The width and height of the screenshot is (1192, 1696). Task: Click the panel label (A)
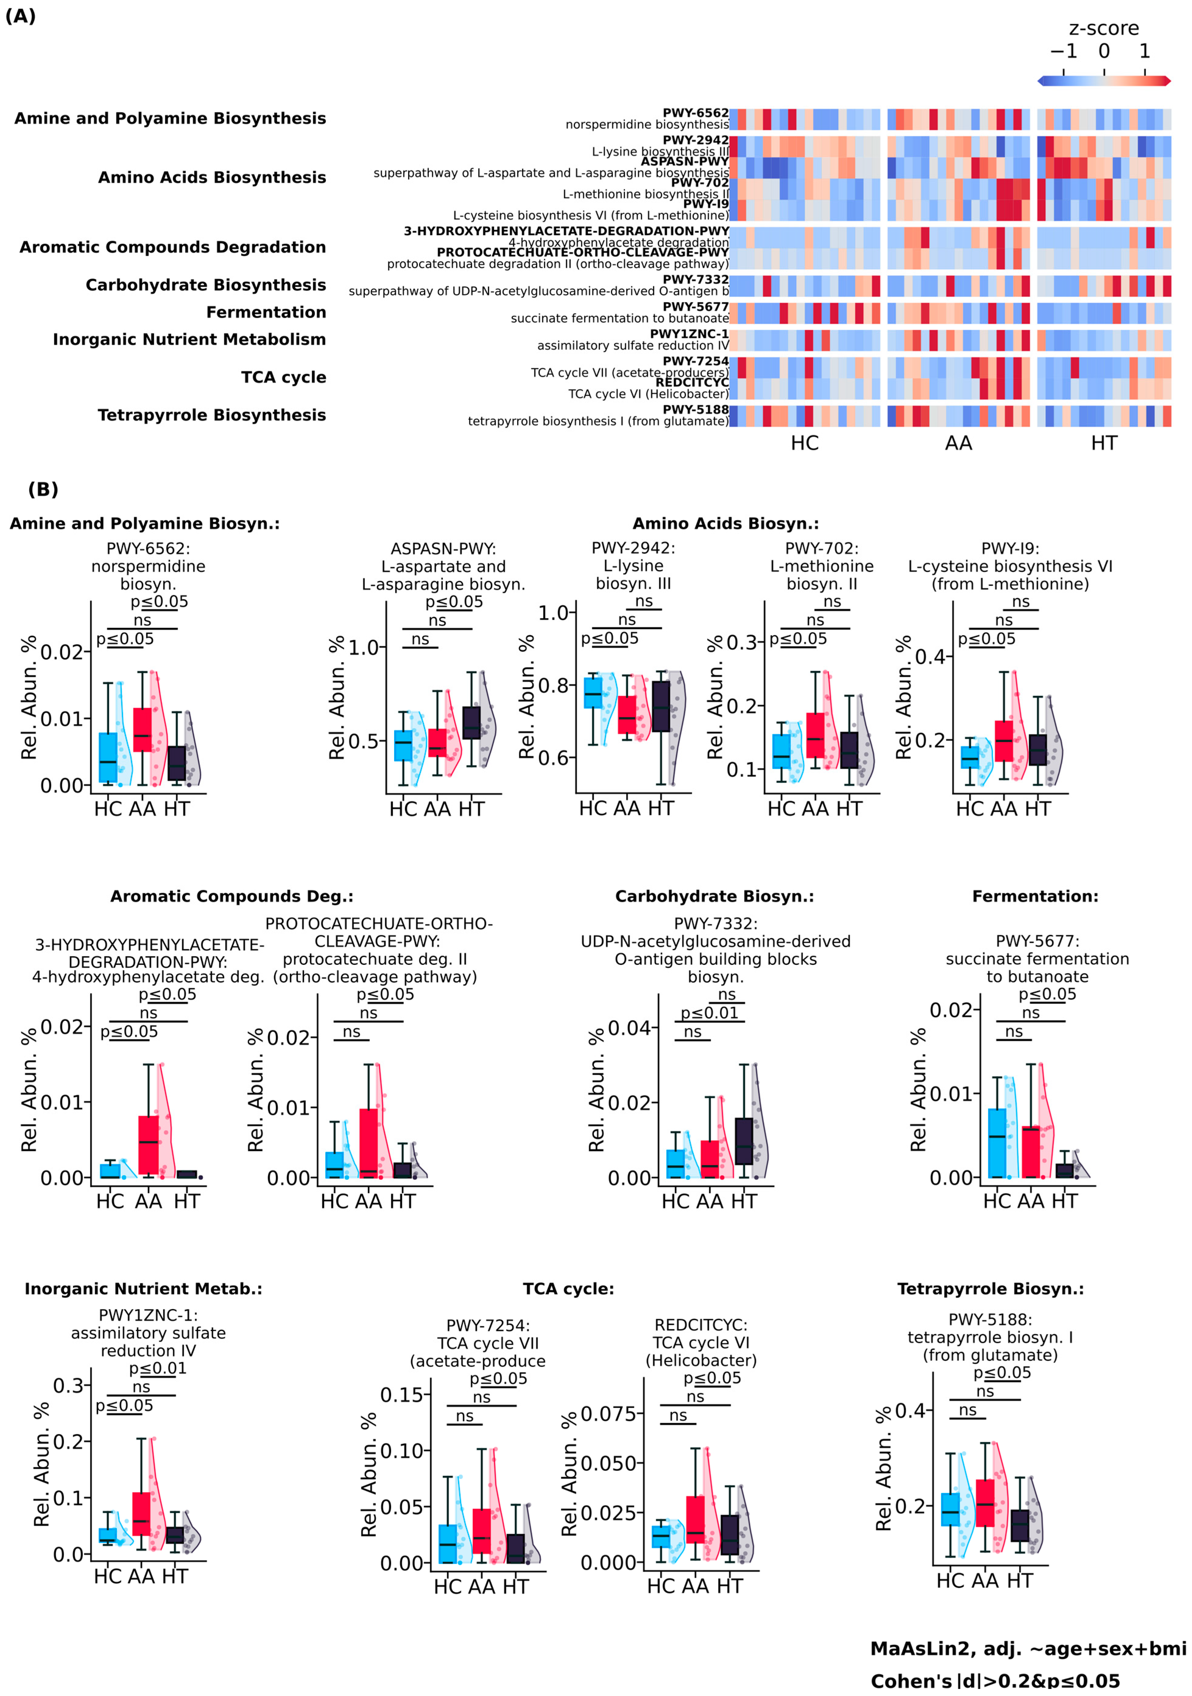pos(21,16)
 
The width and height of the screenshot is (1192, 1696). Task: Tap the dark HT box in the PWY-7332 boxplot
pos(744,1141)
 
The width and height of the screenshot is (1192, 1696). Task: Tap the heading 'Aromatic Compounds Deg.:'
pos(232,896)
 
